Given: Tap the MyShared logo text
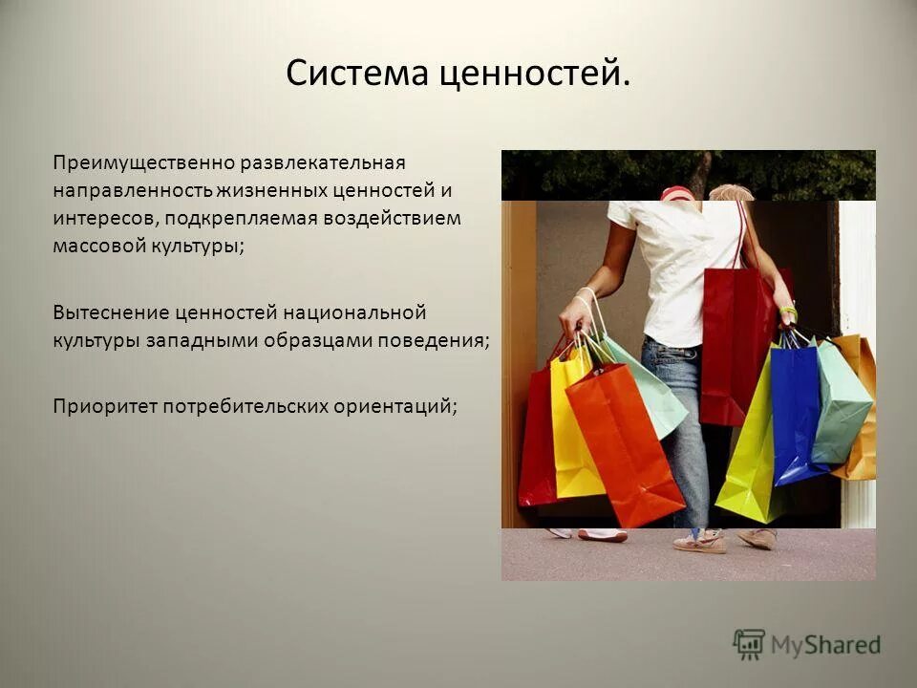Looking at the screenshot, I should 826,645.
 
